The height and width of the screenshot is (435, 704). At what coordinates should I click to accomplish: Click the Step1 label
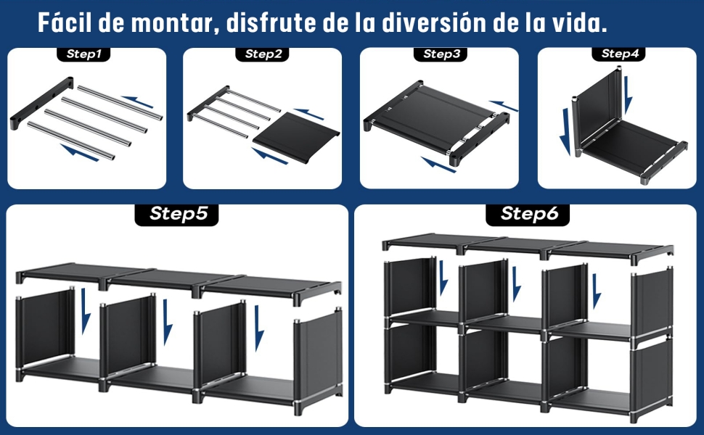coord(85,54)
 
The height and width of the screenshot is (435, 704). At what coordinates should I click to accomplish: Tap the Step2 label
coord(263,54)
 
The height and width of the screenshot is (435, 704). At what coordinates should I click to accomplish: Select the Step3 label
coord(441,54)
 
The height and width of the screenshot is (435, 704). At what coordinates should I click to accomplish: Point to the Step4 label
coord(619,54)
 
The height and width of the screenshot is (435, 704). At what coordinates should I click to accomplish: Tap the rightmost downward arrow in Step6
coord(596,291)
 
